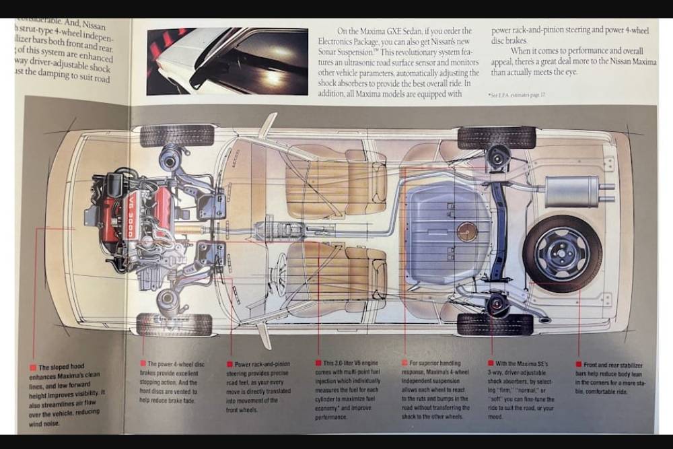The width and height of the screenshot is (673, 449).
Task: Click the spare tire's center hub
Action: [562, 253]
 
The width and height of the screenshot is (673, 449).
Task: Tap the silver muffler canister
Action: [572, 191]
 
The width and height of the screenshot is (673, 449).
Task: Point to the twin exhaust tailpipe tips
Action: [607, 192]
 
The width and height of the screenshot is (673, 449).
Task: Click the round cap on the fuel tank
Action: [466, 232]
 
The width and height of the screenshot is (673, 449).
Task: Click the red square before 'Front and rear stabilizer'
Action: [579, 364]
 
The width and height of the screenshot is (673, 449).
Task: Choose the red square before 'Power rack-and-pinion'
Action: [229, 364]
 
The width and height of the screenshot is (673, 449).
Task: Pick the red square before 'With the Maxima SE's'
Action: [491, 364]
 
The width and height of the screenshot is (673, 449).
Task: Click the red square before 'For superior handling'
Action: [404, 364]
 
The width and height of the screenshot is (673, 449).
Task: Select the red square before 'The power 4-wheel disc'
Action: [143, 364]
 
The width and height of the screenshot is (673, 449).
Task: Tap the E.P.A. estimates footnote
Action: [517, 95]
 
